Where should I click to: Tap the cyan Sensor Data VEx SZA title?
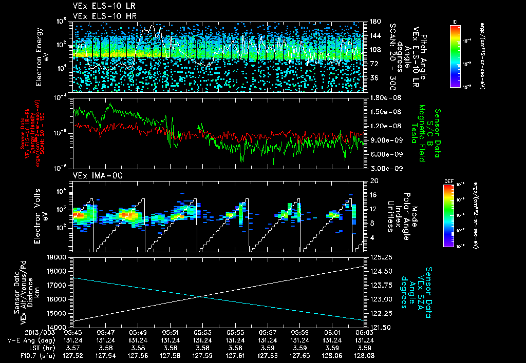coord(417,287)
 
